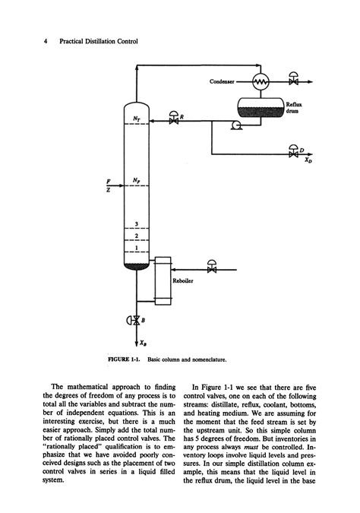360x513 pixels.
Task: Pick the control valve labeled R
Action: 175,121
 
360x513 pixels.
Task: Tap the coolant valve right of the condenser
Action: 294,78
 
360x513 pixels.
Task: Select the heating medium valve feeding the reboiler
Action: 212,268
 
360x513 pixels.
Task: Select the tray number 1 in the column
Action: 135,248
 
